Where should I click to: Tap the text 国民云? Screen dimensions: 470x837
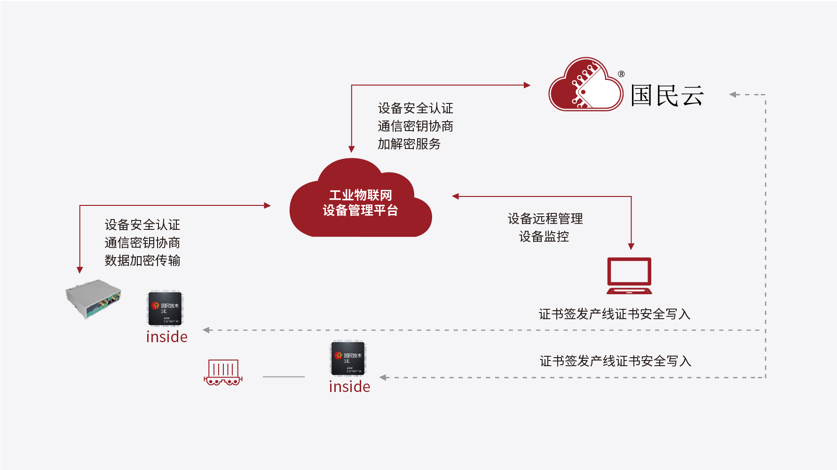pos(667,95)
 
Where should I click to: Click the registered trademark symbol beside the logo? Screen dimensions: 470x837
pos(621,74)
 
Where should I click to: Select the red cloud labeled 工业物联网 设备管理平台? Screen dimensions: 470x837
pos(360,202)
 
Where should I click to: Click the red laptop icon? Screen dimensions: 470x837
pos(629,275)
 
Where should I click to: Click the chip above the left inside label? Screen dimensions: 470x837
pos(165,308)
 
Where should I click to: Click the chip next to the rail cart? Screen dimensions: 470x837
pos(348,358)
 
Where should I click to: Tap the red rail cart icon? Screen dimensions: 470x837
pos(223,372)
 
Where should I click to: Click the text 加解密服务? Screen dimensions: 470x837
pos(409,144)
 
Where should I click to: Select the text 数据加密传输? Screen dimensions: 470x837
pos(142,260)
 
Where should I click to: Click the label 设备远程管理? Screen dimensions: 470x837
pos(545,219)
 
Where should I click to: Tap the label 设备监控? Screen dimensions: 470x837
pos(544,236)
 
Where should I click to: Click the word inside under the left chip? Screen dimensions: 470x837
pos(167,337)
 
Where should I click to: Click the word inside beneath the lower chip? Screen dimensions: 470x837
pos(349,386)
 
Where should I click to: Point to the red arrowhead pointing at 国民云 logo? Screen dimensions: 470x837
pos(527,85)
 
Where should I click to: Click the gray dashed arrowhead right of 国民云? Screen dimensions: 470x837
pos(733,94)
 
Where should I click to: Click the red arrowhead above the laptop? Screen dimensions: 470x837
pos(631,246)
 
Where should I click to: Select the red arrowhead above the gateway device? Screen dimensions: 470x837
pos(80,270)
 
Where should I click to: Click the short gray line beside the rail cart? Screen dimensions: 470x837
pos(284,377)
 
